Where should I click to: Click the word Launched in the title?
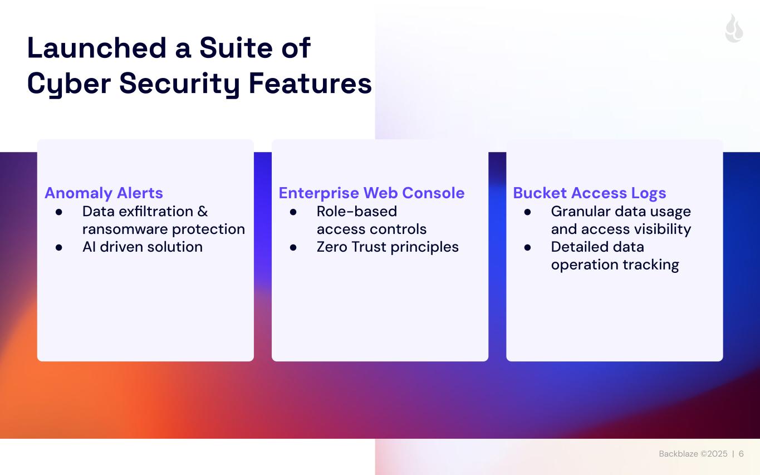(x=97, y=48)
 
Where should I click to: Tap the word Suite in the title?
(x=236, y=48)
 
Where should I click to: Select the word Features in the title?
(x=310, y=83)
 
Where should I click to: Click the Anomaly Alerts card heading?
(x=104, y=193)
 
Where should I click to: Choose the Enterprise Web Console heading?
(x=371, y=193)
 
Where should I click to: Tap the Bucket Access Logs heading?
(x=589, y=193)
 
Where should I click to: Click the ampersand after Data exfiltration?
(x=203, y=212)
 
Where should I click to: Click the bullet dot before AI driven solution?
(x=59, y=248)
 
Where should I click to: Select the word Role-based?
(x=356, y=212)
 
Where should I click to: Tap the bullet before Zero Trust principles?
(x=293, y=248)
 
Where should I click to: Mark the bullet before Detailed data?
(x=528, y=248)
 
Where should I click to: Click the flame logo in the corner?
(x=734, y=28)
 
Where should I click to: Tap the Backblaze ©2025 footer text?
(x=693, y=454)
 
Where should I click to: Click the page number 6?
(x=741, y=454)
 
